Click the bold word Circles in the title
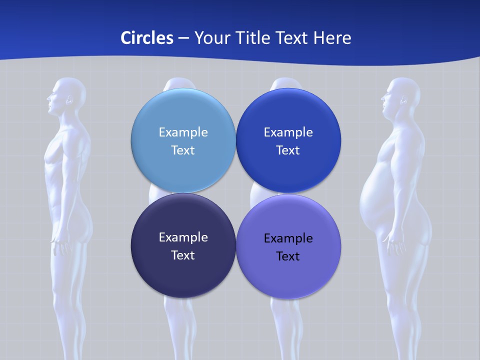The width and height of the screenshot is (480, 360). click(146, 38)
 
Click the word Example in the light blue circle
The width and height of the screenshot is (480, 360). click(183, 132)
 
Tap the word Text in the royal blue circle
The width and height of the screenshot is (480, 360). click(288, 150)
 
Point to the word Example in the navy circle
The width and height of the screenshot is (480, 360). click(183, 237)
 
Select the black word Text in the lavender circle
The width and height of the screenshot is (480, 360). click(288, 256)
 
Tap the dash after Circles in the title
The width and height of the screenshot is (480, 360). click(183, 38)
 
